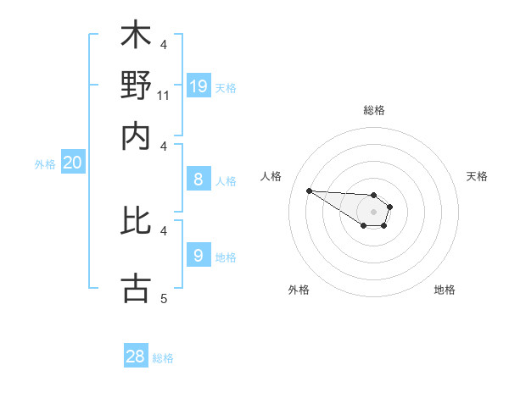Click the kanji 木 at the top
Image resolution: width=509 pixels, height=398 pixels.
pos(136,36)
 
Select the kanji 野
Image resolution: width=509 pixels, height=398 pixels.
pos(136,86)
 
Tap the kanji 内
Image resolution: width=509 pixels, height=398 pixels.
pos(136,135)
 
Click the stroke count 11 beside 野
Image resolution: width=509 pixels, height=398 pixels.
pos(164,96)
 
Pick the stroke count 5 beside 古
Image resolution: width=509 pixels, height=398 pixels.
pos(164,298)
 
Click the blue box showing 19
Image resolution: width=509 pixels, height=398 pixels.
pos(199,86)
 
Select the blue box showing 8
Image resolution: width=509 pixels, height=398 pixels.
pos(199,179)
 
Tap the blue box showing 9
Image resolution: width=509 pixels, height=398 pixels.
pos(199,255)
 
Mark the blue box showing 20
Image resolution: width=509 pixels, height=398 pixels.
pos(72,163)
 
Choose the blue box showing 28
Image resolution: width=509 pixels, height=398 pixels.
pos(136,357)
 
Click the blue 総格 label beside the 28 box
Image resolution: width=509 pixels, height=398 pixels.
pos(163,358)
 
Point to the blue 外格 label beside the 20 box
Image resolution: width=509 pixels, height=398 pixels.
pos(45,164)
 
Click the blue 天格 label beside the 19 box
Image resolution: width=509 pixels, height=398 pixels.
pos(226,87)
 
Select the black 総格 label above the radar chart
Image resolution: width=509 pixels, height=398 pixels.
pos(373,110)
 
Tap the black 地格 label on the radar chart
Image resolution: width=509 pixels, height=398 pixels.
pos(445,290)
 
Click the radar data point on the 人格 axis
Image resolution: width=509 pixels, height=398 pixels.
pos(309,191)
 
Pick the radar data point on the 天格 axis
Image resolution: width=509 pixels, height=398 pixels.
pos(389,207)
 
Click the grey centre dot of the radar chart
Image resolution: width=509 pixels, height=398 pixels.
pos(373,211)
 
